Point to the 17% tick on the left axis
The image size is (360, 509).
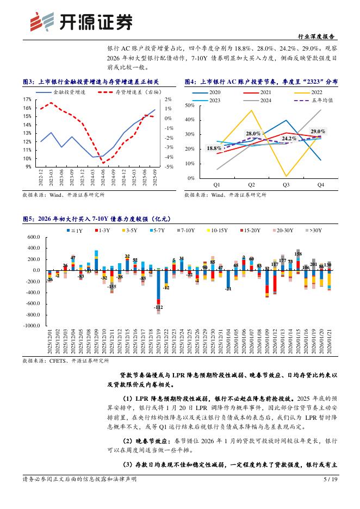(27, 100)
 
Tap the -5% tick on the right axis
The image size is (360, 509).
(168, 167)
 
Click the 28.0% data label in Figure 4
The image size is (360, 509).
(254, 133)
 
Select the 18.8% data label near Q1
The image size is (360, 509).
(214, 148)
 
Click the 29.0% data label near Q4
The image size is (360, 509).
(318, 132)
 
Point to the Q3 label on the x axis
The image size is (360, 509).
(286, 185)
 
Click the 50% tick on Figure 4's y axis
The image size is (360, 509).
(190, 105)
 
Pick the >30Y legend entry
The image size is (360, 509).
(314, 231)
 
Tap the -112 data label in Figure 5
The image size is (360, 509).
(158, 307)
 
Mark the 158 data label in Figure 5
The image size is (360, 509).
(298, 254)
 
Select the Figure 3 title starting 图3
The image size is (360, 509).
(91, 82)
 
